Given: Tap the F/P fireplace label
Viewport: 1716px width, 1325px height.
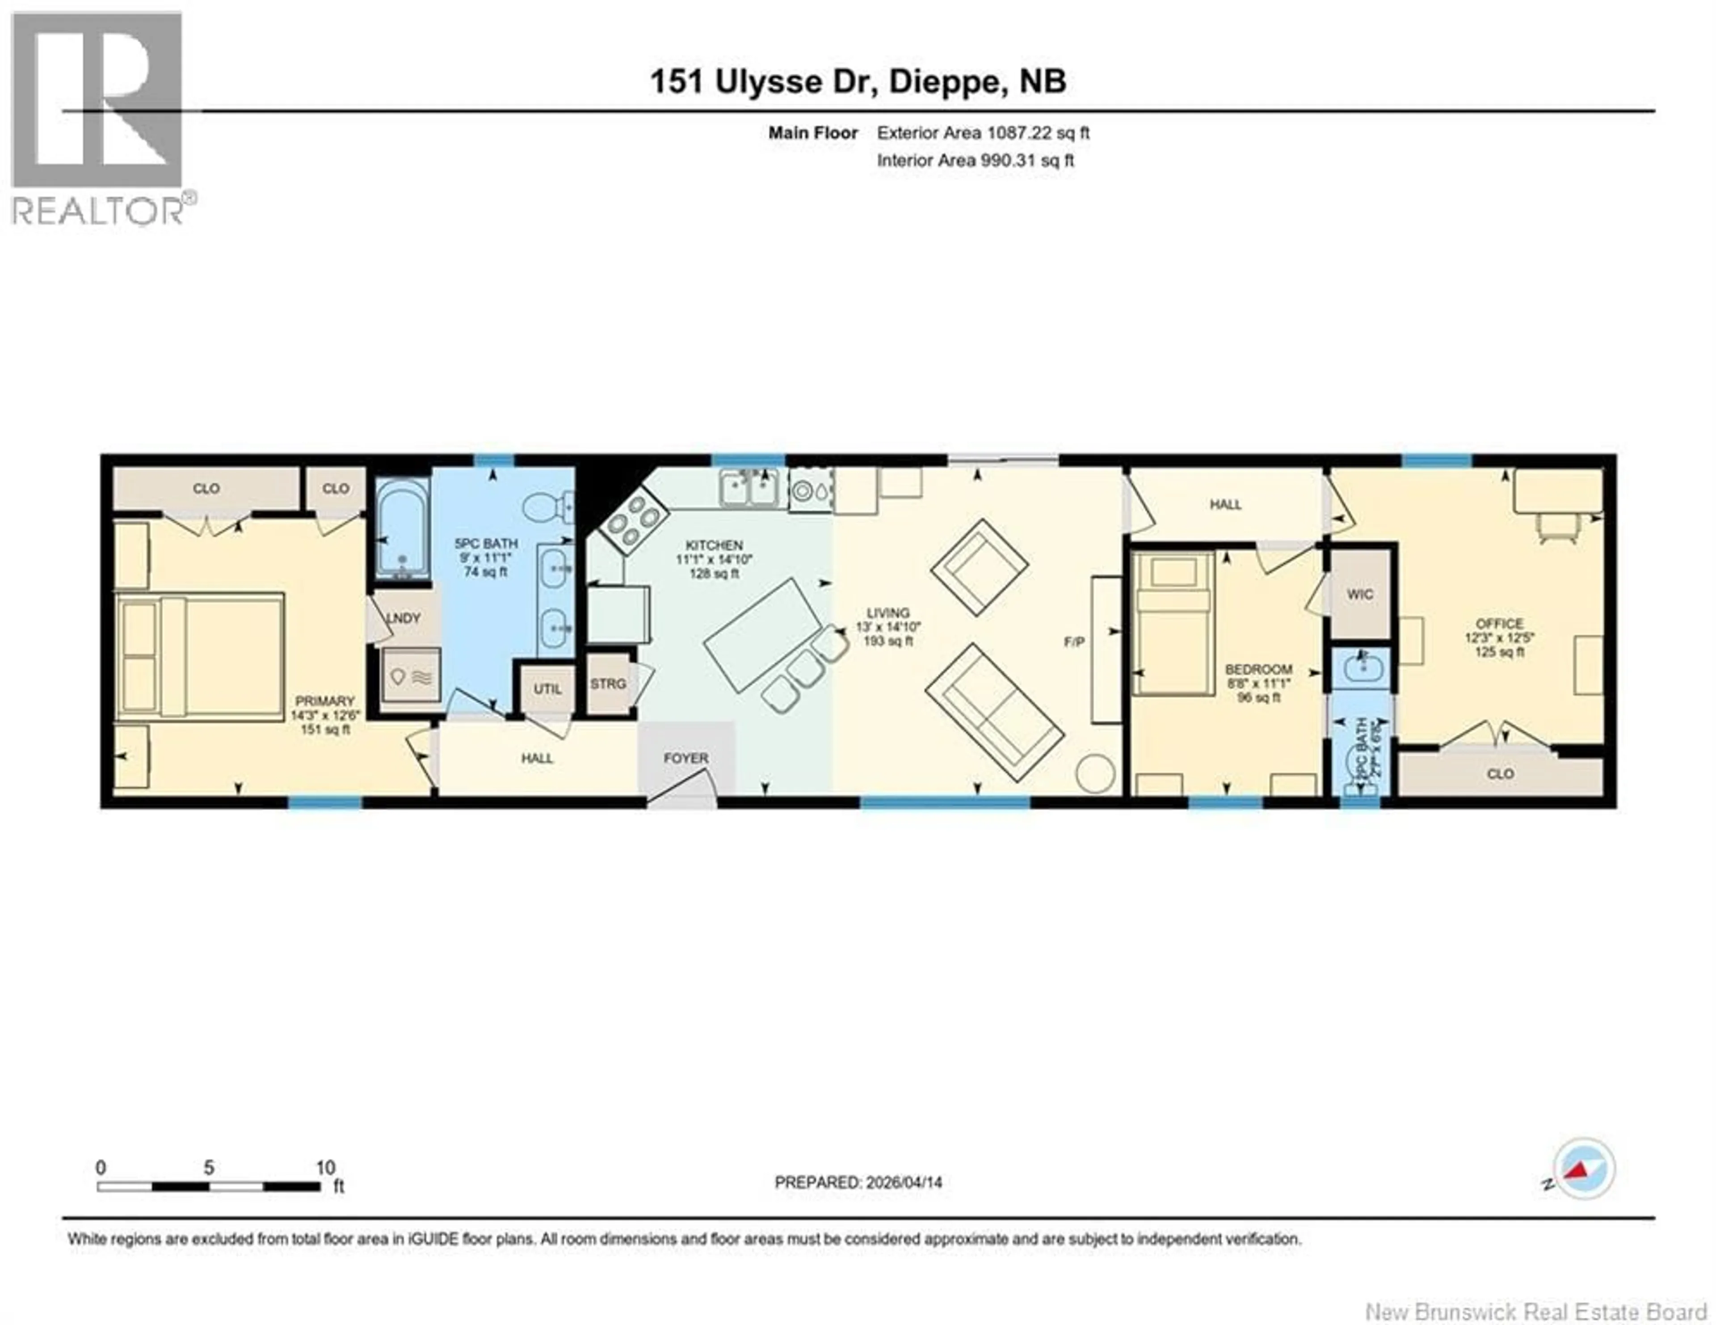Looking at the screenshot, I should click(x=1074, y=642).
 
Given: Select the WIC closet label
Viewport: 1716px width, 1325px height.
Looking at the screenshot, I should click(x=1360, y=594).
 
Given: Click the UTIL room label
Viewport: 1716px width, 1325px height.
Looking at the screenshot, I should click(x=547, y=689).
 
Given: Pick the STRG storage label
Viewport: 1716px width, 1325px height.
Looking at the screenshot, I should click(x=608, y=684).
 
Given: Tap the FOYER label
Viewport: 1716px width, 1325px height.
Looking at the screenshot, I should click(x=686, y=758).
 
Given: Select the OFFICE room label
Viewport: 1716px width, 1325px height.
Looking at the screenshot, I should click(x=1499, y=623).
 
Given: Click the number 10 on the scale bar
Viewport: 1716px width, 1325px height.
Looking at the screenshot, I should click(x=325, y=1168).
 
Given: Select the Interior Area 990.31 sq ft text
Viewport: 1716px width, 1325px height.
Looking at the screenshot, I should click(x=975, y=160).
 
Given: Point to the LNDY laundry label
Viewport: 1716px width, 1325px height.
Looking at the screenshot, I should click(x=404, y=619).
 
